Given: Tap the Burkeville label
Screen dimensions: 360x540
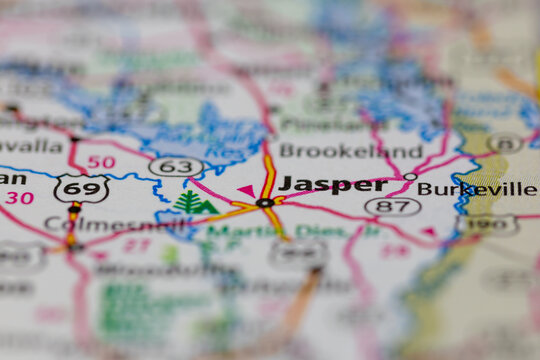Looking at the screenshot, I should click(x=477, y=189).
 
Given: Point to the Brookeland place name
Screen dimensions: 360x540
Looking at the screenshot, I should click(x=350, y=151).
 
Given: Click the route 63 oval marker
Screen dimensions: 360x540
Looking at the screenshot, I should click(x=176, y=166).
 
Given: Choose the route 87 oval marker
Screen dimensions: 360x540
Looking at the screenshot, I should click(x=392, y=206).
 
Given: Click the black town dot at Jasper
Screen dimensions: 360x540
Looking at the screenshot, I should click(x=264, y=202).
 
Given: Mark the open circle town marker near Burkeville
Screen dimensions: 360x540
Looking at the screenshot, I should click(x=410, y=176).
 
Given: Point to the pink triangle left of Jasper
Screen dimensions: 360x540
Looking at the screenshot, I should click(x=245, y=189).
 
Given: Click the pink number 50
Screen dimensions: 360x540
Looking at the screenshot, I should click(x=101, y=161).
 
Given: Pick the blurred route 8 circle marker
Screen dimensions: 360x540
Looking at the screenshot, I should click(x=505, y=144).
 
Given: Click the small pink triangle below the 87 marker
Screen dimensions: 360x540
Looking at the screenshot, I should click(x=428, y=231).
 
